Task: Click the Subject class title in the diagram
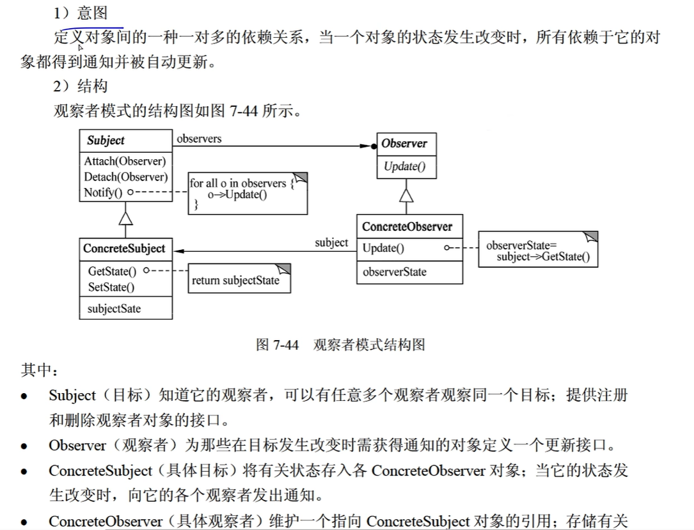coord(106,141)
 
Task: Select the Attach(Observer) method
coord(124,161)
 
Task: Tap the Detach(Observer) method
coord(125,177)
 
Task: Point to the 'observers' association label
coord(199,138)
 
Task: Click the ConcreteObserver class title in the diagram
coord(407,227)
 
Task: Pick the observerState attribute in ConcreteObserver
coord(394,272)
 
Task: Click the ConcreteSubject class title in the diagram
coord(124,249)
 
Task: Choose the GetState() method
coord(113,271)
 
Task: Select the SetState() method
coord(111,287)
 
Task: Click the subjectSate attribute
coord(114,309)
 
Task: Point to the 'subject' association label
coord(331,243)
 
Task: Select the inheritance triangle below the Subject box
coord(126,218)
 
